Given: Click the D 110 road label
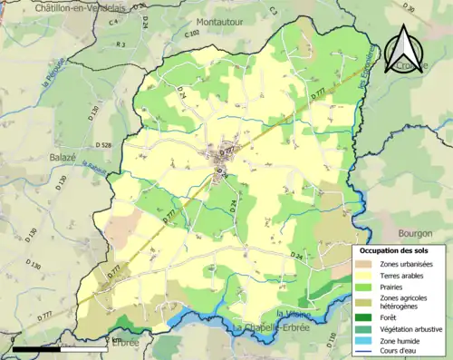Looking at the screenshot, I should click(x=331, y=339).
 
